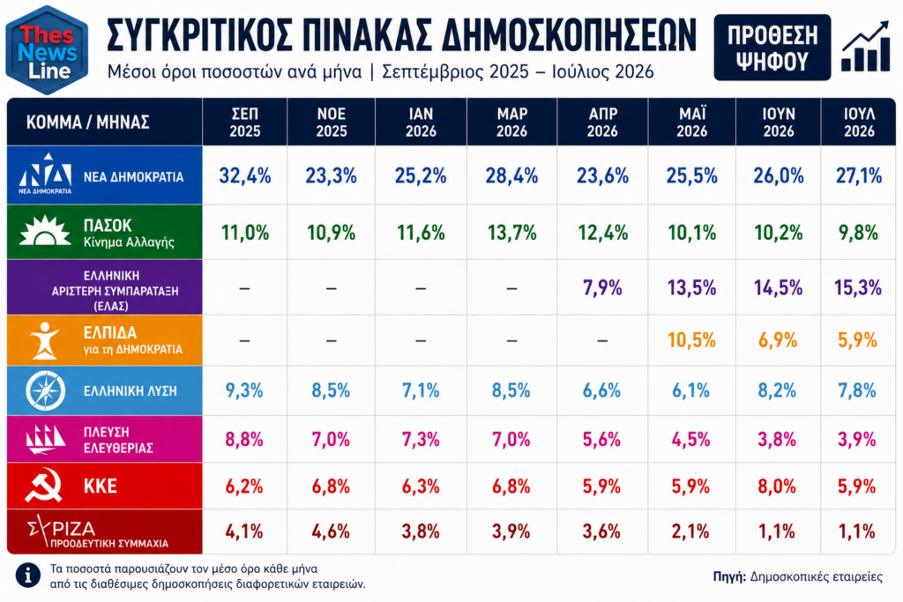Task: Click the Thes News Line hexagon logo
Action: (47, 49)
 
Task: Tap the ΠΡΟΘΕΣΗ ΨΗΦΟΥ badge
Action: (772, 48)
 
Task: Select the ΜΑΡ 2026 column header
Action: (511, 122)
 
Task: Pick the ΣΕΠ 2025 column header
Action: (245, 122)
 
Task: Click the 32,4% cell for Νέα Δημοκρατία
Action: (245, 175)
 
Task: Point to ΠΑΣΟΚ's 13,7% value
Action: (511, 233)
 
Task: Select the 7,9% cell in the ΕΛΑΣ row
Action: (602, 287)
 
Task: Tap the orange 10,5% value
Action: (691, 340)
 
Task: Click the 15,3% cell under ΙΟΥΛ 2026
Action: (858, 287)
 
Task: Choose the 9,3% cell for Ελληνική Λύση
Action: (244, 390)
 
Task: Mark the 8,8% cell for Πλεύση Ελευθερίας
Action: (244, 440)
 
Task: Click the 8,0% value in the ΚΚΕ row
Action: (777, 487)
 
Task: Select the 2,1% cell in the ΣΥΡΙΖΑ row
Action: (690, 531)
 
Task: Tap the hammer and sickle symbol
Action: (44, 485)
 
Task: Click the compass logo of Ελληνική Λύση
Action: (46, 390)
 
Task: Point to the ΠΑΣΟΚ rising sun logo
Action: (44, 230)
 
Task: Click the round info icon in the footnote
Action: (27, 575)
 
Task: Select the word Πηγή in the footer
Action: (729, 576)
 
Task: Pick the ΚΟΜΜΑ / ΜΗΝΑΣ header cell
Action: (87, 122)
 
